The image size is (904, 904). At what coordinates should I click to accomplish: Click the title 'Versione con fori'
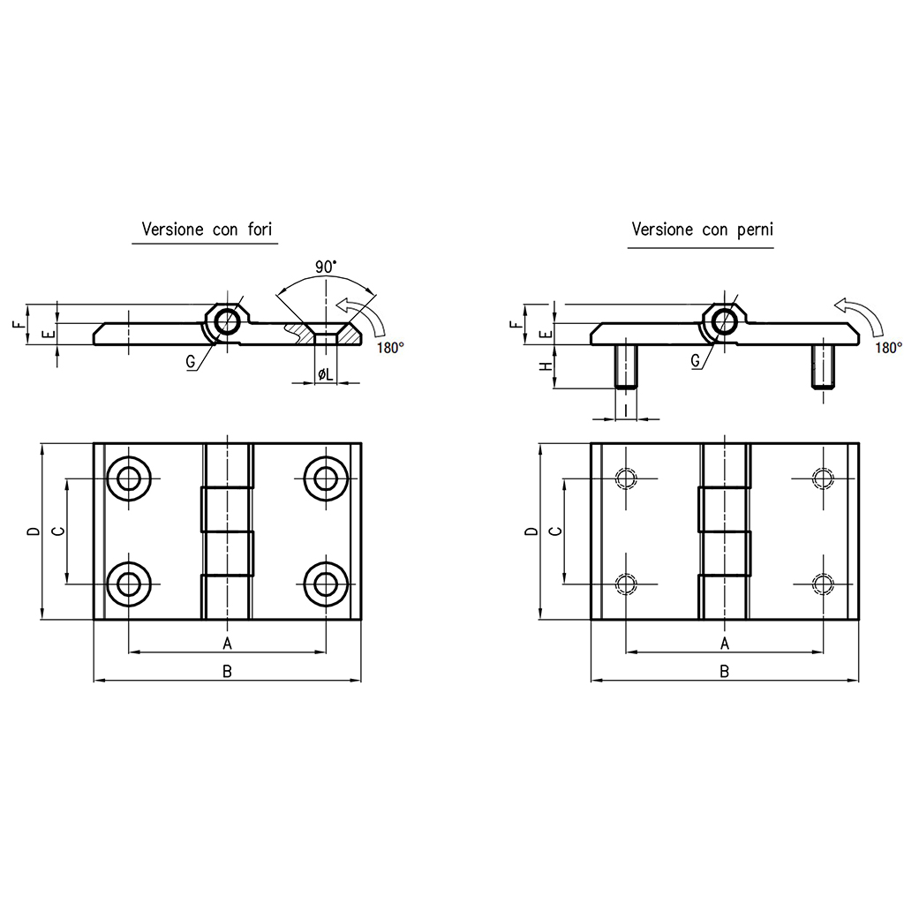207,230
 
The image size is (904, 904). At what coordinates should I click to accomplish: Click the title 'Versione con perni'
702,230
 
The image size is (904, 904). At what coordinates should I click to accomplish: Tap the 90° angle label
326,267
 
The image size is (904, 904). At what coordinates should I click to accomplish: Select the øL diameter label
326,374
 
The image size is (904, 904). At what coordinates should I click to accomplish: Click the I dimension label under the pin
626,411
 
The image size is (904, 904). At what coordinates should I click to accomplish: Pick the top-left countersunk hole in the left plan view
129,478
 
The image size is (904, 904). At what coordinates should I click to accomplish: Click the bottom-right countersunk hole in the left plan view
327,584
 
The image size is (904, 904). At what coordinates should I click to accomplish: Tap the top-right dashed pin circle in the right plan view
823,478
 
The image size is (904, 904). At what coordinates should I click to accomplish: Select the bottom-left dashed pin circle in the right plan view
626,584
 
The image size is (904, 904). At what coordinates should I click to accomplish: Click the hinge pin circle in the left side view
228,322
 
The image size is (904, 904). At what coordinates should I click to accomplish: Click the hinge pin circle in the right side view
724,322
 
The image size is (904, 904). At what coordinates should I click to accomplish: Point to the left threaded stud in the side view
626,366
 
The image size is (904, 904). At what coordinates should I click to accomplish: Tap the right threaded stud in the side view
824,366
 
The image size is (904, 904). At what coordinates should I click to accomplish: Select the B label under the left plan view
227,671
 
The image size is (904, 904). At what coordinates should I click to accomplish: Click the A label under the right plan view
725,643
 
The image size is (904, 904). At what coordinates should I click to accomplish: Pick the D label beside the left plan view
34,531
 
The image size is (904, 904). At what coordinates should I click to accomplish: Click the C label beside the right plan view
556,531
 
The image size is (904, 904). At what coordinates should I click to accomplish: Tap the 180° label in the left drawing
390,348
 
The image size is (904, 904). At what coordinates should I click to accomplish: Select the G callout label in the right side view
696,361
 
